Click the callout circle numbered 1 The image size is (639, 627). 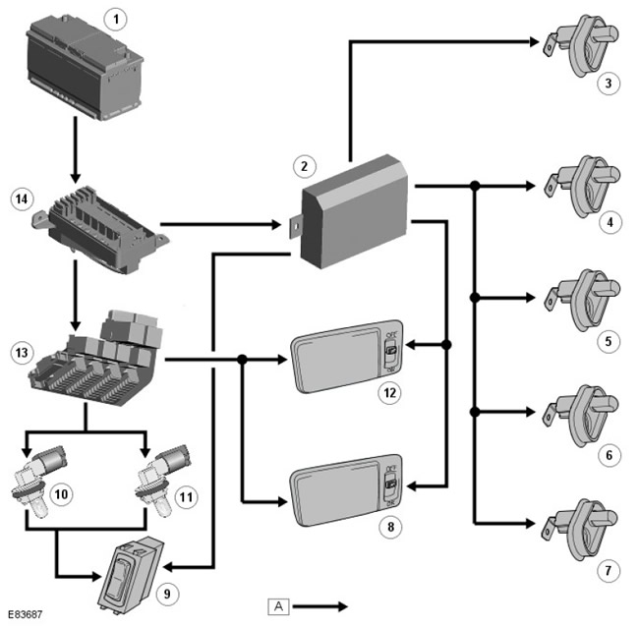(117, 19)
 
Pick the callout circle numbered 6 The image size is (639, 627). (610, 456)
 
